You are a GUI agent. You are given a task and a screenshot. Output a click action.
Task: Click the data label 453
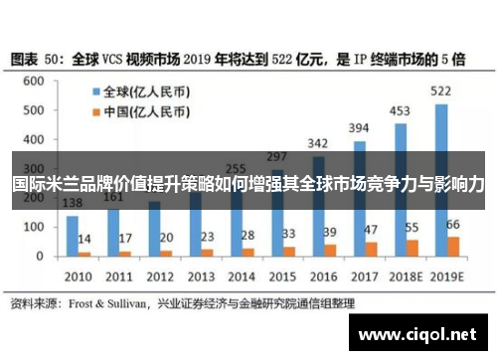[401, 110]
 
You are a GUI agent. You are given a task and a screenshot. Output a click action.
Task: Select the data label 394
[359, 127]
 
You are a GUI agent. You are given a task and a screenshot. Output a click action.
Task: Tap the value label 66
[453, 225]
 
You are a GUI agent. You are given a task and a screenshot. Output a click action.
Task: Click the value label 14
[84, 240]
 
